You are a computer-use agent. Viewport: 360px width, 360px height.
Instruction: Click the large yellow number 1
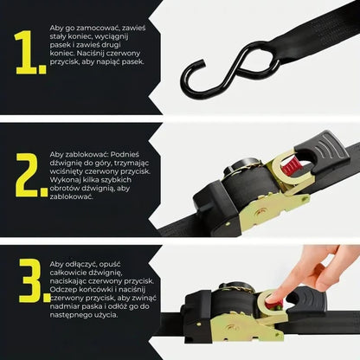click(27, 53)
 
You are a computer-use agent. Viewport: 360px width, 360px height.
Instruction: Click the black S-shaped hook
click(231, 71)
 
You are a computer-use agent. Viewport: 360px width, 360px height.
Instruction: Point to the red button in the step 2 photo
click(292, 167)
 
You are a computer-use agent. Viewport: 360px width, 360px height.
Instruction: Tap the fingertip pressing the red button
click(274, 297)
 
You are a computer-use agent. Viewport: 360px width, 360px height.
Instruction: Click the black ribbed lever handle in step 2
click(320, 151)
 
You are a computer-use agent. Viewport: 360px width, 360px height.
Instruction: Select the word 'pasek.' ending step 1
click(133, 61)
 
